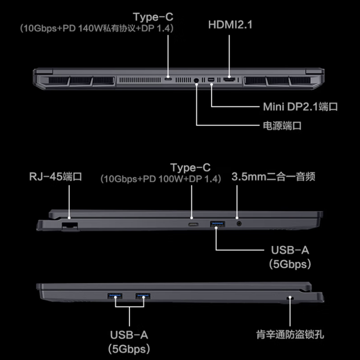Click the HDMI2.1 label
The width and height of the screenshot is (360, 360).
click(x=230, y=25)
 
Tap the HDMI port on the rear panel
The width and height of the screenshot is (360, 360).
click(x=229, y=80)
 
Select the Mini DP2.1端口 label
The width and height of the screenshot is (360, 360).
click(x=300, y=107)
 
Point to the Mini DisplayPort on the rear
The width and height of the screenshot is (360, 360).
click(x=210, y=80)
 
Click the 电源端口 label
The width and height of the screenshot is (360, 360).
click(x=282, y=125)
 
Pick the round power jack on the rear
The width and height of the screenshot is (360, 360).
click(x=196, y=80)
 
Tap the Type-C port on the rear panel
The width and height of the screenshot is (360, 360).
click(x=168, y=79)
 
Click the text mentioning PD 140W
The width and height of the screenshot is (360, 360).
click(x=97, y=28)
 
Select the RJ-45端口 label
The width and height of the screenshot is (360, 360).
click(x=56, y=177)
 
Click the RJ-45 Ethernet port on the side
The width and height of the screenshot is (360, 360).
click(x=70, y=226)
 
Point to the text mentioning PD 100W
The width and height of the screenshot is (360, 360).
click(x=161, y=179)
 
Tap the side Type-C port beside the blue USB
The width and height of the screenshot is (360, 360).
click(x=193, y=224)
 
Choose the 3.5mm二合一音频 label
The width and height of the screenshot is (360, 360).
click(x=273, y=177)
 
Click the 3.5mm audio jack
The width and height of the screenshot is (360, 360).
click(x=239, y=223)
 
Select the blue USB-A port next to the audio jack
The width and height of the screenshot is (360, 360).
click(x=218, y=224)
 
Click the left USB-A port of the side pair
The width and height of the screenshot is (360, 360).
click(x=115, y=296)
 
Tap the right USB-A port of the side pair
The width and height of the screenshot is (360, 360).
click(x=143, y=296)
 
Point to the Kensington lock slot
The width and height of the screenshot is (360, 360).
click(x=290, y=298)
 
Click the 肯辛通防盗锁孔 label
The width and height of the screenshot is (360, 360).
click(x=290, y=335)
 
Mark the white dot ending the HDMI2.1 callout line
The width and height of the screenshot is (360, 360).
click(x=229, y=77)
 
